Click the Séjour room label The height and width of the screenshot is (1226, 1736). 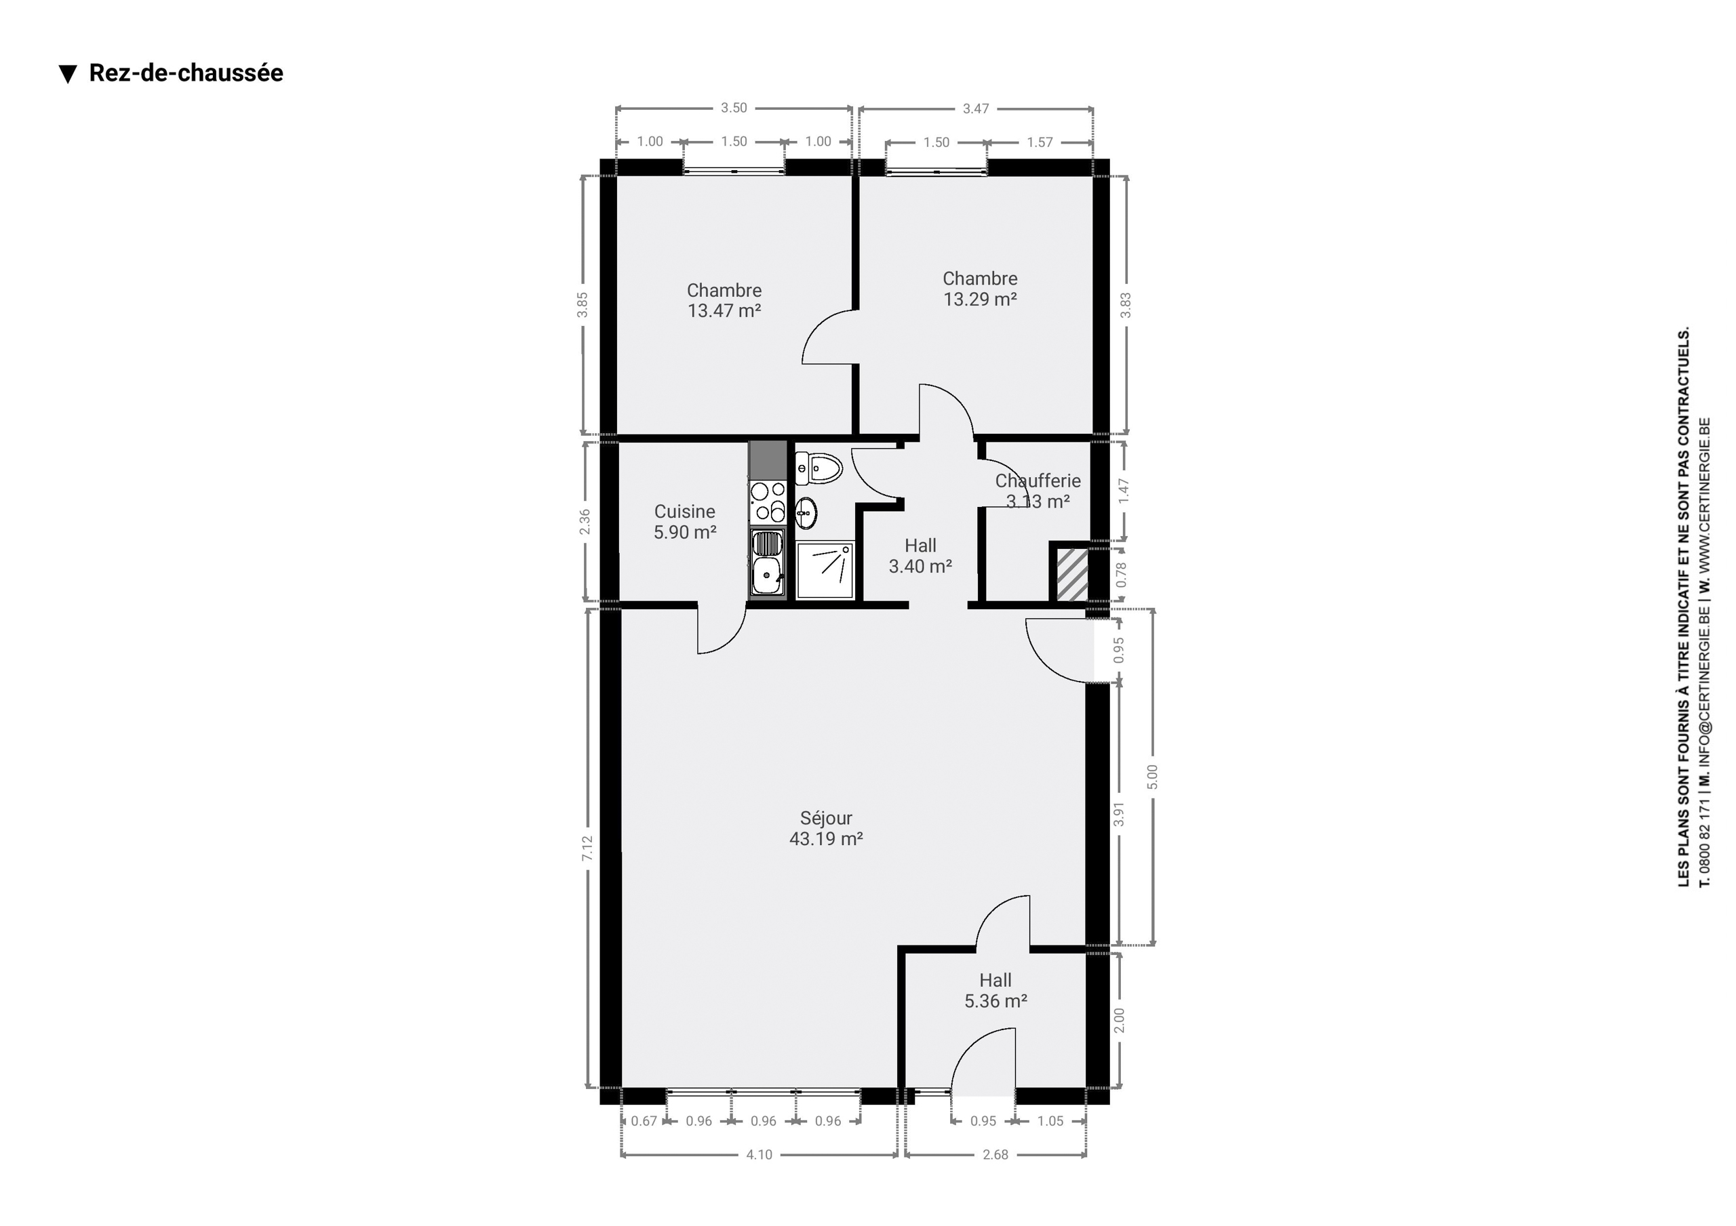pyautogui.click(x=826, y=818)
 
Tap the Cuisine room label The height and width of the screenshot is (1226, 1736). pyautogui.click(x=684, y=512)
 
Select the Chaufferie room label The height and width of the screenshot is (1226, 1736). pyautogui.click(x=1038, y=481)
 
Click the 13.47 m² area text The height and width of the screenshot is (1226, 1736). pyautogui.click(x=724, y=310)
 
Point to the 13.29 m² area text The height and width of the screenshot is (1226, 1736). pyautogui.click(x=980, y=300)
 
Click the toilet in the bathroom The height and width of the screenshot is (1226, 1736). pyautogui.click(x=818, y=468)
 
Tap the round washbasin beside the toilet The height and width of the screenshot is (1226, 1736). pyautogui.click(x=806, y=513)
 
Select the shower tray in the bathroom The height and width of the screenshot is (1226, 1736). pyautogui.click(x=825, y=571)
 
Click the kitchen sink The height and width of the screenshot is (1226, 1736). pyautogui.click(x=768, y=563)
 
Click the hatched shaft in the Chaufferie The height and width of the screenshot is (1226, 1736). pyautogui.click(x=1071, y=575)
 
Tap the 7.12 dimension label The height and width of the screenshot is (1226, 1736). pyautogui.click(x=587, y=848)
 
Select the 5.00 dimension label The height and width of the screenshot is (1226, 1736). pyautogui.click(x=1152, y=777)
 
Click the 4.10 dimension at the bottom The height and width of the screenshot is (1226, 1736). pyautogui.click(x=759, y=1154)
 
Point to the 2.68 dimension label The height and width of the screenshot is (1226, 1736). pyautogui.click(x=995, y=1154)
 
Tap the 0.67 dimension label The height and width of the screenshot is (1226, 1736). pyautogui.click(x=644, y=1121)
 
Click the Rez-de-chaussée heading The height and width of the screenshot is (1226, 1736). pyautogui.click(x=186, y=73)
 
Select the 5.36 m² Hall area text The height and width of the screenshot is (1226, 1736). pyautogui.click(x=995, y=1001)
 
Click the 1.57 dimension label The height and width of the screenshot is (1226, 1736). pyautogui.click(x=1040, y=142)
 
